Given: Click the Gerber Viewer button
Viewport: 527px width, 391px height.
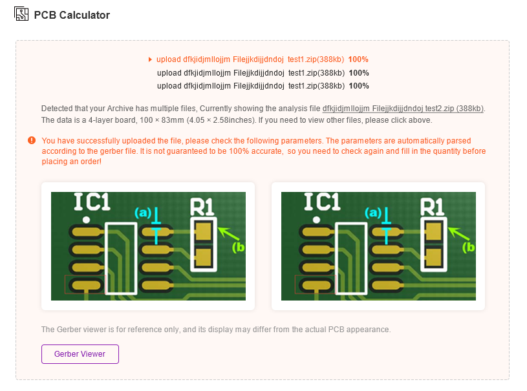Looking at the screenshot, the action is [x=80, y=354].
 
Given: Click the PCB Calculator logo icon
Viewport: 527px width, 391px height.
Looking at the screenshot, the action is [x=21, y=14].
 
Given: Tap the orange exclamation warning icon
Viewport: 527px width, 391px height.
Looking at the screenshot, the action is [x=32, y=140].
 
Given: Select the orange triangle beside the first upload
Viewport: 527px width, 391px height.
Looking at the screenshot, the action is [x=150, y=59].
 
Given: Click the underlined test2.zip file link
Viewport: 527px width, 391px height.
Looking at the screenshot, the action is [x=403, y=109].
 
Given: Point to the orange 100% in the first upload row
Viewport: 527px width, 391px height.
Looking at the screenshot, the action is [x=358, y=59].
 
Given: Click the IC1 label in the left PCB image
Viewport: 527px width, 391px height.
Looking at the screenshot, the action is [x=92, y=202].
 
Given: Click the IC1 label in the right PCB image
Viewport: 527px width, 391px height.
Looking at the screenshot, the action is [x=322, y=202].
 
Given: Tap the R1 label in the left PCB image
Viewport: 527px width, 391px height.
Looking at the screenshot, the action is [x=202, y=207].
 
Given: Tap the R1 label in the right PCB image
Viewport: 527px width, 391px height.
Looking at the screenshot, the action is [x=432, y=207].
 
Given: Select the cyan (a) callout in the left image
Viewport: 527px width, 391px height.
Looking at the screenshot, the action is [x=143, y=213].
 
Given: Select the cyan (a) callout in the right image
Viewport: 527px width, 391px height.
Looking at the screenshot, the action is [x=373, y=213].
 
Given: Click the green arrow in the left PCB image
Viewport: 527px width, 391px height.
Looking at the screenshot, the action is [x=228, y=233].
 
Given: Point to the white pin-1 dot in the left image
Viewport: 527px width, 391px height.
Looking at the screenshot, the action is [x=87, y=220].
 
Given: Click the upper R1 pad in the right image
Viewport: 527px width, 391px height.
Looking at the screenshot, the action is [x=434, y=232].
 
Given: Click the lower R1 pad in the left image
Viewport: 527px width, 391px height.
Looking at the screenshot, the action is [x=203, y=258].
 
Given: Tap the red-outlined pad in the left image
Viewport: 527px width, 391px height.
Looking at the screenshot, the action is [x=85, y=285].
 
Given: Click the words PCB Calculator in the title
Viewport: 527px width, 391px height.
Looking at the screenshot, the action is [x=72, y=15].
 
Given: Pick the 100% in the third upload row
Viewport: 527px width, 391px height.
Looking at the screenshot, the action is [x=359, y=86].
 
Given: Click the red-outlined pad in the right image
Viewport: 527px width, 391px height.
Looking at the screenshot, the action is [x=316, y=285].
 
